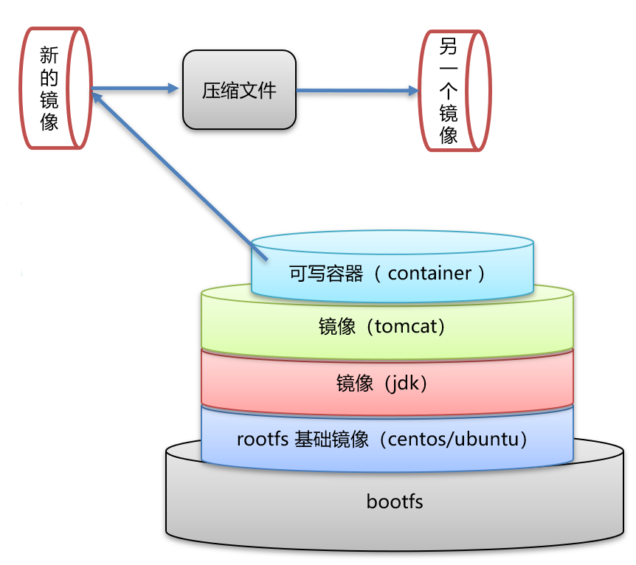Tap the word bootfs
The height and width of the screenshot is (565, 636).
point(395,502)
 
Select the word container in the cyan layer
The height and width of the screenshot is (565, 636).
point(429,273)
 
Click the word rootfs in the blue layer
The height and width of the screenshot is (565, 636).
point(260,440)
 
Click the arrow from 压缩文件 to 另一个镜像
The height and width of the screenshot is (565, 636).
point(354,91)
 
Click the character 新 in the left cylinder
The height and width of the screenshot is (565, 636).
point(49,54)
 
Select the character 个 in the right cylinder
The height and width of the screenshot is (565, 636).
point(449,91)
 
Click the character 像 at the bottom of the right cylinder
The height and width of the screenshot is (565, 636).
point(449,134)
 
